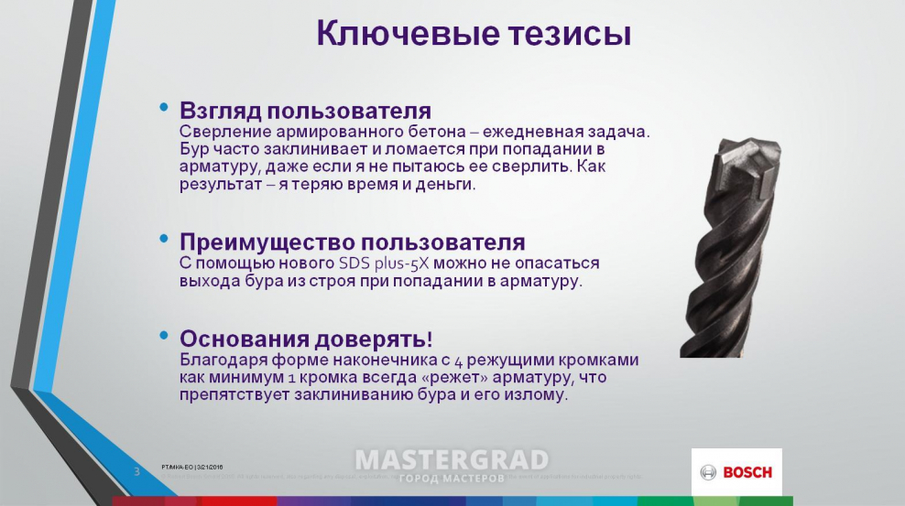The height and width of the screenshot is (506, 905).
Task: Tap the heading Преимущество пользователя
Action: pyautogui.click(x=352, y=242)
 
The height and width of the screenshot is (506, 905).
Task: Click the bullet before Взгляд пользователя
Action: pyautogui.click(x=164, y=108)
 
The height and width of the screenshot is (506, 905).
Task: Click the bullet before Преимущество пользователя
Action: pyautogui.click(x=164, y=239)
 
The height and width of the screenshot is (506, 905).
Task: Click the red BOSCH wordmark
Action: pyautogui.click(x=747, y=473)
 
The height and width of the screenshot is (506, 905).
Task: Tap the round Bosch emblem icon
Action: pyautogui.click(x=708, y=473)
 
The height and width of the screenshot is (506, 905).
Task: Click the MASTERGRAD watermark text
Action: pyautogui.click(x=452, y=460)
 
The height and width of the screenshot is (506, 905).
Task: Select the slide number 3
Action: pyautogui.click(x=136, y=471)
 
